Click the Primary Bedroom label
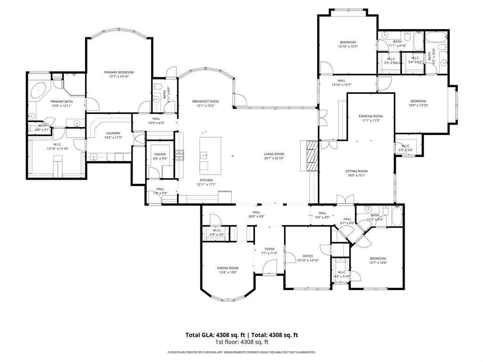(x=119, y=72)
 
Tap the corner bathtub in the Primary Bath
(x=39, y=90)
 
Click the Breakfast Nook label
(x=205, y=101)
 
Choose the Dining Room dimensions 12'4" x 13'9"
(x=228, y=272)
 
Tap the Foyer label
(x=269, y=249)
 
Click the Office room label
(x=308, y=256)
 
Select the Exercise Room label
(x=370, y=116)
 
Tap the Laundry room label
(x=113, y=133)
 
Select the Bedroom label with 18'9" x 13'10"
(x=418, y=101)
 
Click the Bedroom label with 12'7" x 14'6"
(x=378, y=258)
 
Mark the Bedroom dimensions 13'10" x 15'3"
(x=348, y=46)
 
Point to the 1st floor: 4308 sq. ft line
(x=241, y=342)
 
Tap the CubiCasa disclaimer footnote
(x=241, y=352)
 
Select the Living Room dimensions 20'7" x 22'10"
(x=274, y=158)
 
